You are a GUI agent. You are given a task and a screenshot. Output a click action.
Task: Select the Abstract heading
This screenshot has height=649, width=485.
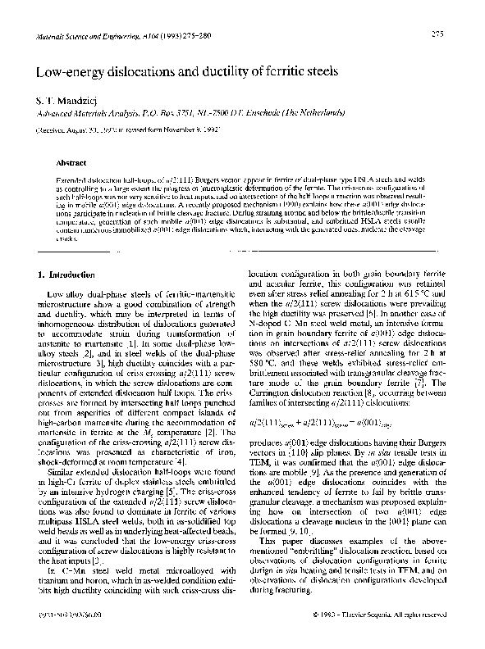click(68, 162)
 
